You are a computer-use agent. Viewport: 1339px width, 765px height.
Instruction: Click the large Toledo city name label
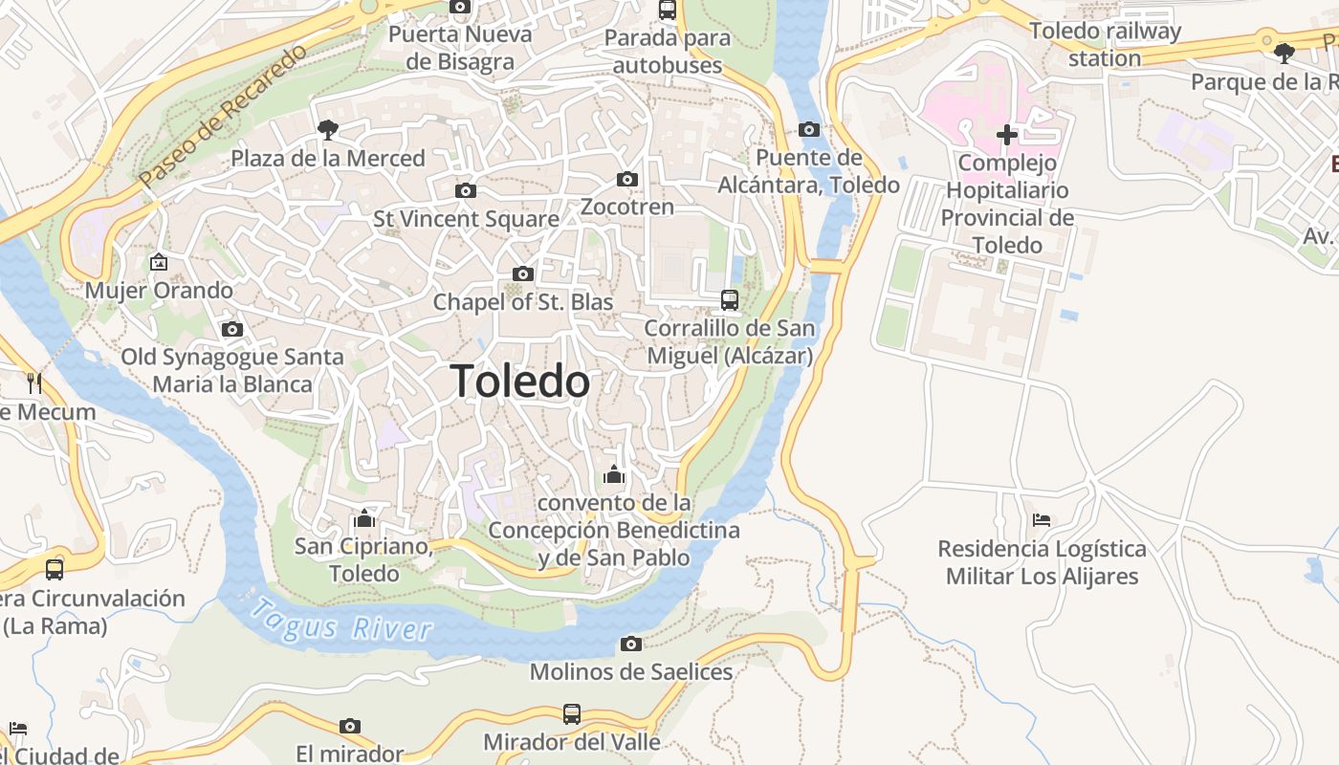point(520,382)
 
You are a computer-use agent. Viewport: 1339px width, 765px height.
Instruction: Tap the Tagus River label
point(340,620)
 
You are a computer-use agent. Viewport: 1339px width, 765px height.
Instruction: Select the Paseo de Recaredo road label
point(223,115)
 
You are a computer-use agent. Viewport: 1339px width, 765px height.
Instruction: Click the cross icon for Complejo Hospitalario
point(1006,135)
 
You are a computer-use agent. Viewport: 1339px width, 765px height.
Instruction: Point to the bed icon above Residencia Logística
point(1042,520)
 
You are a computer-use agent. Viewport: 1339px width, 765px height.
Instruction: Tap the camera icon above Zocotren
point(627,179)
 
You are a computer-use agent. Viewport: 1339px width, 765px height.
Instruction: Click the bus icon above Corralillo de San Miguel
point(730,300)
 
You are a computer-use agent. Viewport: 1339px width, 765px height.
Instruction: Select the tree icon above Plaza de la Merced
point(327,129)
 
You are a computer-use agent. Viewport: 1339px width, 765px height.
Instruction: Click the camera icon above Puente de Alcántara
point(808,129)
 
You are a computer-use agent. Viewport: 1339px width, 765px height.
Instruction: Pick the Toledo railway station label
point(1105,44)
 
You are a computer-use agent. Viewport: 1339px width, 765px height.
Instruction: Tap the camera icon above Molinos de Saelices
point(630,644)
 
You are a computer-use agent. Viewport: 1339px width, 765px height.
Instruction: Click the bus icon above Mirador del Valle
point(571,713)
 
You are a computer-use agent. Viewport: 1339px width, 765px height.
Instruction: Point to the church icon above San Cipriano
point(363,519)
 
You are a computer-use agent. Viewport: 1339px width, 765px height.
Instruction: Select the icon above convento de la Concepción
point(613,474)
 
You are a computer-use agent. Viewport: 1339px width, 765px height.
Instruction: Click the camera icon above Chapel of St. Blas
point(522,274)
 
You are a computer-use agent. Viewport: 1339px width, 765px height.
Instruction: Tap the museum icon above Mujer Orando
point(158,262)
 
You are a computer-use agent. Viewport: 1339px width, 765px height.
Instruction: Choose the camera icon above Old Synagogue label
point(231,329)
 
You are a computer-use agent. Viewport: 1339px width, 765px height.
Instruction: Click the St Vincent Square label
point(466,219)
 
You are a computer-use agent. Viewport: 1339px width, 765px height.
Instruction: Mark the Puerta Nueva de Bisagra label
point(460,49)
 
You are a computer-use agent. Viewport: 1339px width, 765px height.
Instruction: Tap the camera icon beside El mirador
point(350,726)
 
